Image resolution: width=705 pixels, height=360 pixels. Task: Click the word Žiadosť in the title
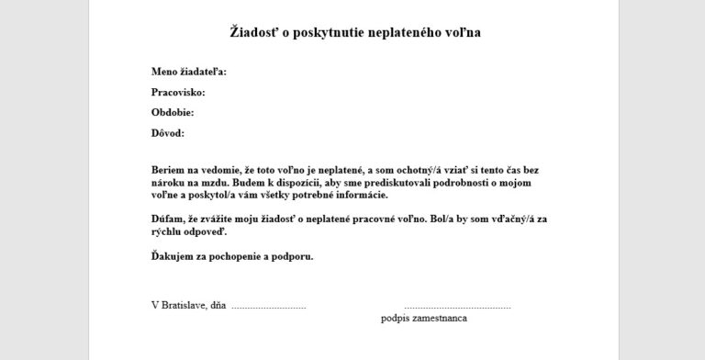pos(252,32)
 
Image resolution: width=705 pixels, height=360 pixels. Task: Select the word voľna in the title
pos(461,32)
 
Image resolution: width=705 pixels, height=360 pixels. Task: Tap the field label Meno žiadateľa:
pos(188,72)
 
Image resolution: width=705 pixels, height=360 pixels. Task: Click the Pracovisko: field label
pos(178,92)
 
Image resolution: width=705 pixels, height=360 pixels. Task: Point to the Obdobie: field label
pos(173,112)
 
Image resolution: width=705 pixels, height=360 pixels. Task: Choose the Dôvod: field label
pos(168,132)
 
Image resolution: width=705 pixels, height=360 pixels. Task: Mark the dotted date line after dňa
pos(268,305)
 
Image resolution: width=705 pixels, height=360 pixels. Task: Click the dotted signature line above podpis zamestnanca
pos(456,305)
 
